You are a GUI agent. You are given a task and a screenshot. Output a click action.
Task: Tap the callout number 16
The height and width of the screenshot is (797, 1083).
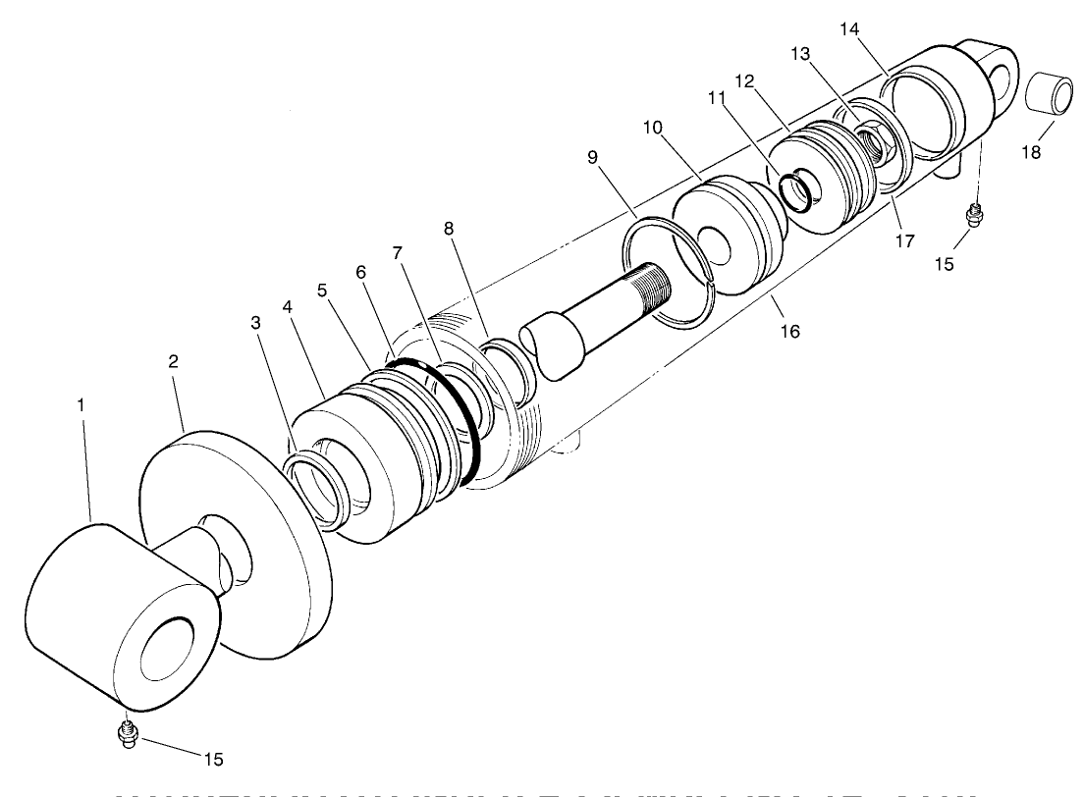click(790, 331)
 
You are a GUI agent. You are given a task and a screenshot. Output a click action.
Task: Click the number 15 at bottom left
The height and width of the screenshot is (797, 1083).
click(214, 759)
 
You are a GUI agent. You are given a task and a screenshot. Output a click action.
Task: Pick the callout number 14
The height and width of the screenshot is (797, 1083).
click(850, 28)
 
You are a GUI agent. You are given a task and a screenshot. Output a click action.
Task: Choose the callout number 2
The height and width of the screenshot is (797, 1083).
click(172, 360)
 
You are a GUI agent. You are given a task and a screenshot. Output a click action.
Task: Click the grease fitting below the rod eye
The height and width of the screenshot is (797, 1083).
click(126, 733)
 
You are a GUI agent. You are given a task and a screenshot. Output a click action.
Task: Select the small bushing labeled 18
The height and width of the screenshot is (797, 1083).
click(1050, 99)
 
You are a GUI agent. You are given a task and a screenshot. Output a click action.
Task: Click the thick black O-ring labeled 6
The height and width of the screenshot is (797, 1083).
click(460, 422)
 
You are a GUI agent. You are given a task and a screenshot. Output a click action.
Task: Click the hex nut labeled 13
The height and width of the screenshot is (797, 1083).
click(872, 143)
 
